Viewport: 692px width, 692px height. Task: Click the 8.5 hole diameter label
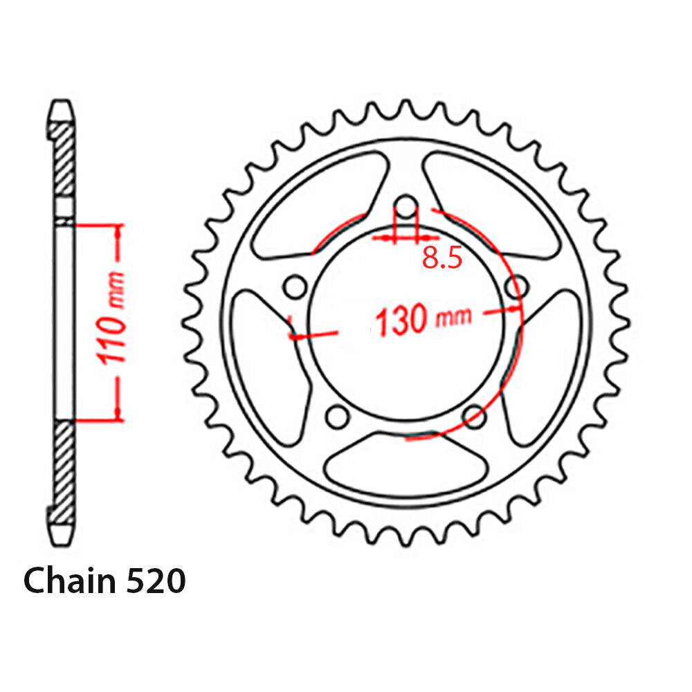pyautogui.click(x=441, y=258)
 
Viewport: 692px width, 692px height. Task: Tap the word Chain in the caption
pyautogui.click(x=69, y=581)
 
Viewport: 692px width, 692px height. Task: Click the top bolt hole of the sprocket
pyautogui.click(x=408, y=206)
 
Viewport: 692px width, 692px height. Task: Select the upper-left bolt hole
pyautogui.click(x=295, y=286)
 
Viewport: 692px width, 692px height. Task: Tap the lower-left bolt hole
pyautogui.click(x=338, y=417)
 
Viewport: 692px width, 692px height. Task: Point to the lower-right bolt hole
pyautogui.click(x=475, y=417)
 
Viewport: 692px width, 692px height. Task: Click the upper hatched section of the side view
pyautogui.click(x=64, y=159)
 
